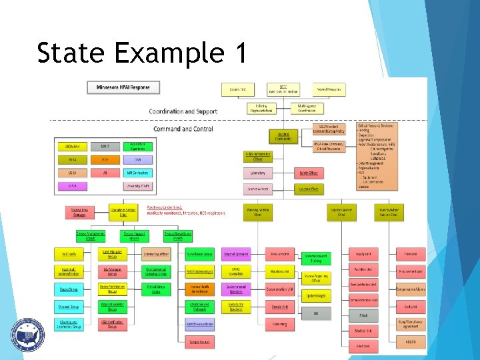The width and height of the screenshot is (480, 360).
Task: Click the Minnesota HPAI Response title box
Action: tap(123, 87)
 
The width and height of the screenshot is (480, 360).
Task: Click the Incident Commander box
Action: tap(283, 136)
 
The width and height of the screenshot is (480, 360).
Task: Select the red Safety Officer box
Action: tap(308, 173)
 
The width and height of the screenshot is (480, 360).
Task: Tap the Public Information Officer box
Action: tap(258, 156)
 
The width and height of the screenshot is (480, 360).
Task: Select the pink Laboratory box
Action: tap(258, 173)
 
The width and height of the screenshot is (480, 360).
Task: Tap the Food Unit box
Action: tap(363, 346)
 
